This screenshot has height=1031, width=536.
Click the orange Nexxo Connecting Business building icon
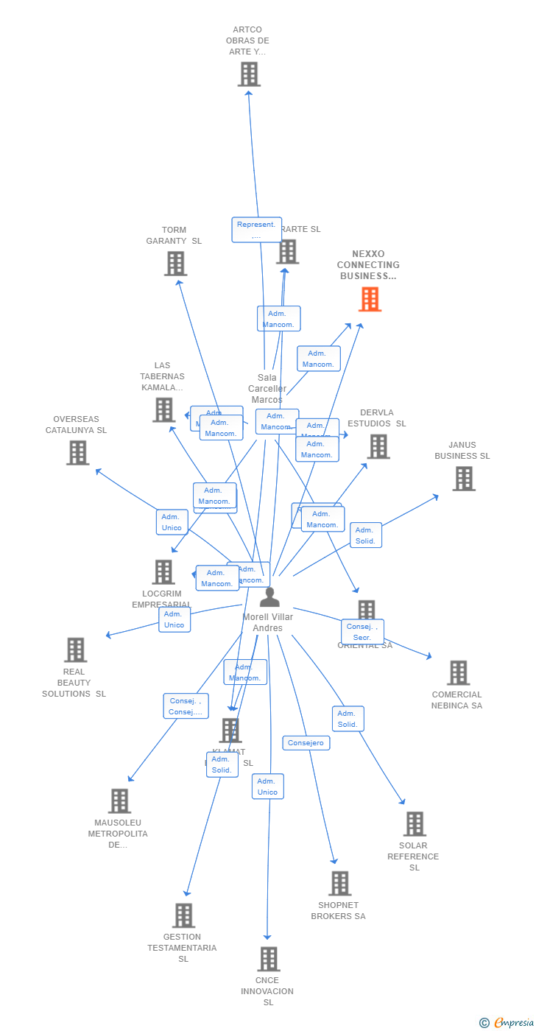point(370,299)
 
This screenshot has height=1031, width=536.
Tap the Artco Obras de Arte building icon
point(249,74)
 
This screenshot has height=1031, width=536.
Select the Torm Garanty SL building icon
point(175,264)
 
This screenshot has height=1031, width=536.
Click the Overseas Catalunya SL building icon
point(77,453)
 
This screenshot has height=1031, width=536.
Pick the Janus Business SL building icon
point(463,479)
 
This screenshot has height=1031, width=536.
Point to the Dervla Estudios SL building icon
point(378,446)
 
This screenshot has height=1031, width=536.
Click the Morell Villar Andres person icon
point(269,597)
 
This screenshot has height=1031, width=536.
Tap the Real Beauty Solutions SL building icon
point(75,650)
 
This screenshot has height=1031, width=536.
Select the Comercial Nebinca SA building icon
point(458,673)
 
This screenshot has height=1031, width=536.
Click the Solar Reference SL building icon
point(415,824)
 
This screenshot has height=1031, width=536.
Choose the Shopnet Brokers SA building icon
point(339,884)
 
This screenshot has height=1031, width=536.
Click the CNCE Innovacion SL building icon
point(269,959)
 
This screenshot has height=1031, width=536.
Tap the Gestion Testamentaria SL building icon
point(183,915)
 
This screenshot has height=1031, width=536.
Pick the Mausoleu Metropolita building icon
point(119,801)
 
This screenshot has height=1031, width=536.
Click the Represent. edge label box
point(256,230)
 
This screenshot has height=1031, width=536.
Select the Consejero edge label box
point(306,743)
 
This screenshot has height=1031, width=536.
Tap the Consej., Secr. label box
point(362,632)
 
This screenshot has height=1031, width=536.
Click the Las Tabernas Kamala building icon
point(163,410)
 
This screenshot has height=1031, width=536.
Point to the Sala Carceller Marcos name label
point(267,389)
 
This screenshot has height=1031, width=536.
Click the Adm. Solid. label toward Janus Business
point(365,535)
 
